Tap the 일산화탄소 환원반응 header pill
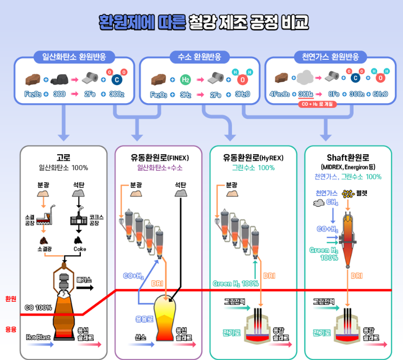[x=74, y=57]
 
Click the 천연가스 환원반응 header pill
[x=330, y=57]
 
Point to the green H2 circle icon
[x=186, y=79]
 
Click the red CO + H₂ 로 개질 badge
[x=315, y=104]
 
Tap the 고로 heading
[x=63, y=157]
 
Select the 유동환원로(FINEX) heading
[x=159, y=157]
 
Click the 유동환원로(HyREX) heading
[x=253, y=157]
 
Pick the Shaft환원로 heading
[x=348, y=157]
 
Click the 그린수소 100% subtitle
[x=253, y=168]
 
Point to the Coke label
[x=79, y=249]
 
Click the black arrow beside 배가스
[x=84, y=288]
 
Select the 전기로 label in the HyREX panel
[x=231, y=332]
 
